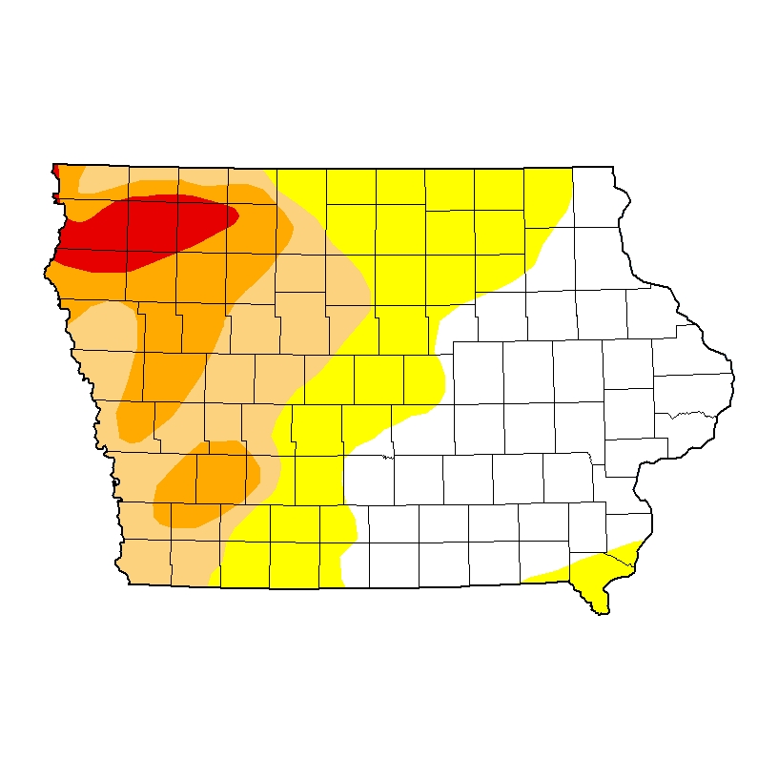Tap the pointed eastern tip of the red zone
[x=236, y=217]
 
